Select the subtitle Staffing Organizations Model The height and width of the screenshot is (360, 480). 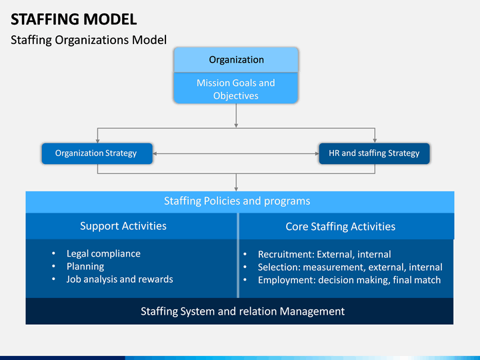point(88,40)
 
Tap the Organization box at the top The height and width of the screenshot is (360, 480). point(236,60)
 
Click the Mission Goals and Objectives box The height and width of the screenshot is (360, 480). point(236,89)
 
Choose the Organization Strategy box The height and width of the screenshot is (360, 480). point(97,153)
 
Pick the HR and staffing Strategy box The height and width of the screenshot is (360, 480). point(374,153)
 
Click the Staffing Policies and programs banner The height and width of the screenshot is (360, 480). point(237,201)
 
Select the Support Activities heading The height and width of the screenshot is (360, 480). point(123,226)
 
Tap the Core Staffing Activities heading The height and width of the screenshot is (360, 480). point(340,227)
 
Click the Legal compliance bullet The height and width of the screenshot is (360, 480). point(103,253)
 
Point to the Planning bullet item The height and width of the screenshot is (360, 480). point(85,266)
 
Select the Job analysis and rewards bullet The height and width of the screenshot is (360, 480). point(119,279)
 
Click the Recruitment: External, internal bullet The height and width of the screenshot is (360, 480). point(324,254)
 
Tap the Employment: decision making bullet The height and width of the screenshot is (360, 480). point(349,280)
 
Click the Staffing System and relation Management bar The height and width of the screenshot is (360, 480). point(243,311)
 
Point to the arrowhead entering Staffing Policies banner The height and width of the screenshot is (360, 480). point(236,189)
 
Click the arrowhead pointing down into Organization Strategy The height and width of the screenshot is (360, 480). point(97,140)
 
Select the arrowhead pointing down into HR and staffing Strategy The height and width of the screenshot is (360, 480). point(375,140)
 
